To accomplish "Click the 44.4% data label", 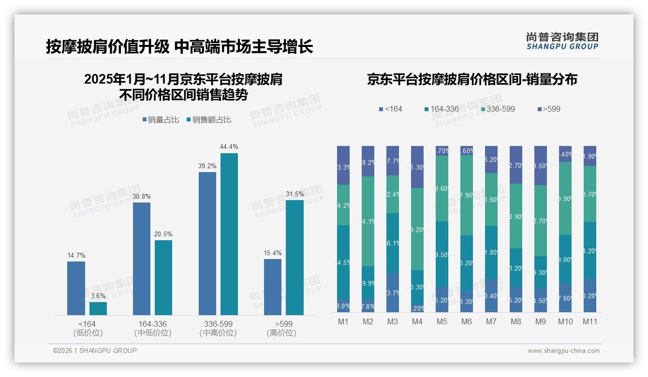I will (229, 146).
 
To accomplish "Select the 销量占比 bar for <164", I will (76, 288).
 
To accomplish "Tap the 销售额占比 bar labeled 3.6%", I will (98, 308).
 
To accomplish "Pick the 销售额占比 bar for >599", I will (295, 257).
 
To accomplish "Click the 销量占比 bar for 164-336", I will (142, 259).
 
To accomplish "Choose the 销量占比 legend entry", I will (162, 120).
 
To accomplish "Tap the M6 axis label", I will (466, 321).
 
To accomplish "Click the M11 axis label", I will (589, 321).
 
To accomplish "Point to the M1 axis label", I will (343, 321).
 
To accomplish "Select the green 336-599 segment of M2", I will (368, 221).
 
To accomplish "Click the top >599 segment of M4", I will (417, 167).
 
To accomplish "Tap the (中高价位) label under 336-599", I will (218, 333).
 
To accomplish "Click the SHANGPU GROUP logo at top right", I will (562, 41).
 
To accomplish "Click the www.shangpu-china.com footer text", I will (563, 351).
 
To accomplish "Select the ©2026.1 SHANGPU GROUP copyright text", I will (95, 350).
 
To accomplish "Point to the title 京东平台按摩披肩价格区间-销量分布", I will (472, 80).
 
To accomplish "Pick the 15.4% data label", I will (273, 253).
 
